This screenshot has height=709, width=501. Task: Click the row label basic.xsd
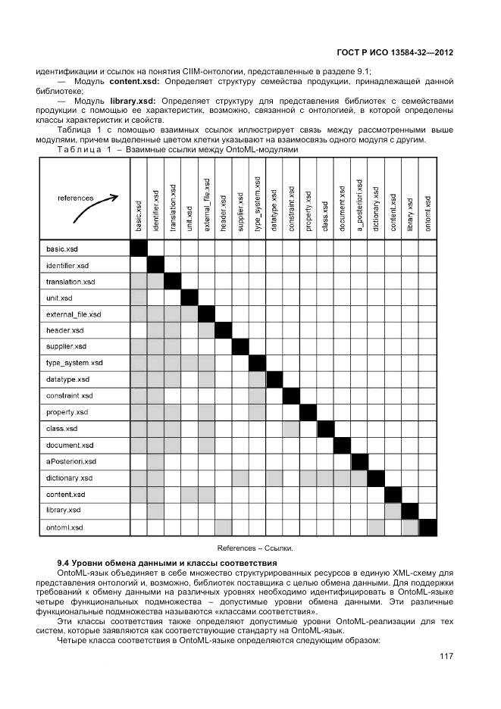pyautogui.click(x=62, y=248)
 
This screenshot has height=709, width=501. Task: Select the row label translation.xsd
pyautogui.click(x=70, y=281)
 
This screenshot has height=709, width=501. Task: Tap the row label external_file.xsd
pyautogui.click(x=74, y=314)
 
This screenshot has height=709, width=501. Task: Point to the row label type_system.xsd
pyautogui.click(x=74, y=363)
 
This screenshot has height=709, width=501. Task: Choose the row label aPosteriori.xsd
pyautogui.click(x=71, y=461)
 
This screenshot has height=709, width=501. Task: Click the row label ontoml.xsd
pyautogui.click(x=64, y=526)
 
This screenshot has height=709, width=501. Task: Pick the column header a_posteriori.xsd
pyautogui.click(x=359, y=205)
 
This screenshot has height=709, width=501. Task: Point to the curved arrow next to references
pyautogui.click(x=96, y=210)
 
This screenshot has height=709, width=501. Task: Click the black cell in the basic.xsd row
pyautogui.click(x=139, y=248)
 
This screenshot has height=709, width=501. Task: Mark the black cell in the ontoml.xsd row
pyautogui.click(x=428, y=526)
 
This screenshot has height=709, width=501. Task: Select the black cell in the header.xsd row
pyautogui.click(x=223, y=330)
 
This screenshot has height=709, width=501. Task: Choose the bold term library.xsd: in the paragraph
pyautogui.click(x=133, y=101)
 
